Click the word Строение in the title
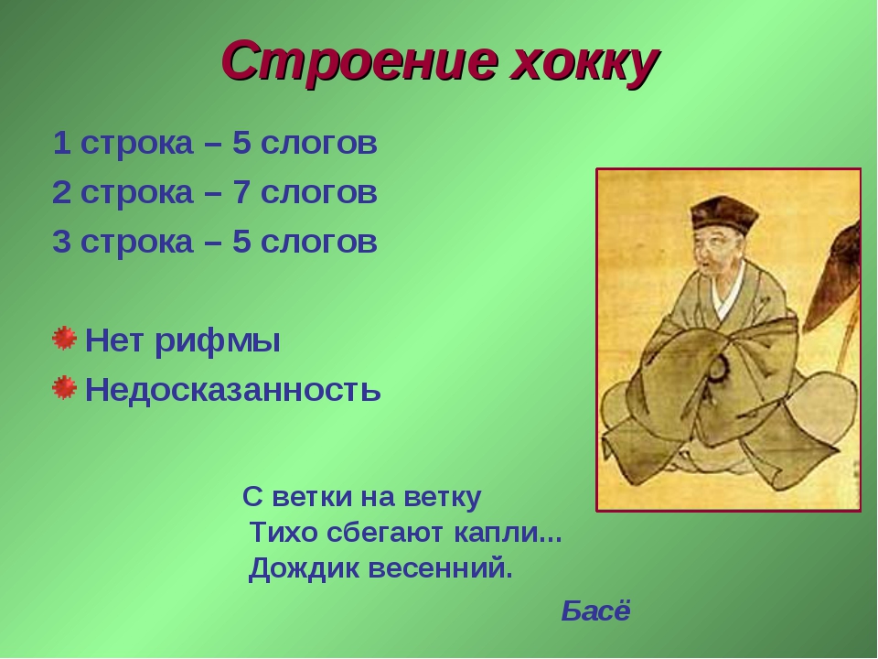tap(359, 61)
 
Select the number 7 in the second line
tap(241, 193)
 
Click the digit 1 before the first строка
tap(61, 144)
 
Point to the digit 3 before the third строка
tap(61, 242)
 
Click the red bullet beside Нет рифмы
tap(64, 339)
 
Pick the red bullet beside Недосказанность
tap(64, 388)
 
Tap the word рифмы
tap(218, 341)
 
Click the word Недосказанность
tap(233, 390)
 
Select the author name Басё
tap(595, 610)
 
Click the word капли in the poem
tap(508, 533)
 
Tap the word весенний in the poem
tap(441, 569)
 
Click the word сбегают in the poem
tap(386, 533)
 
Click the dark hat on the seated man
tap(723, 214)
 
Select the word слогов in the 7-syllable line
tap(319, 193)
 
